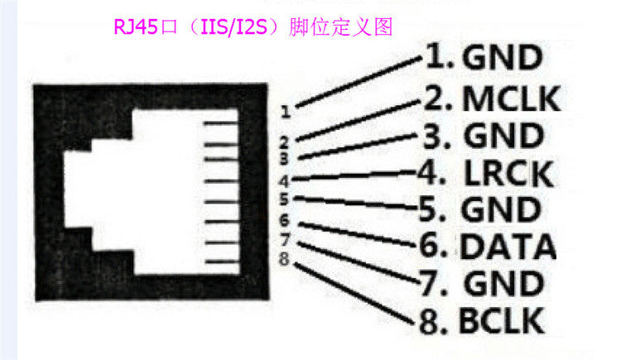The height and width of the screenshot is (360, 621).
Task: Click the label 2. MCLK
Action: pos(492,99)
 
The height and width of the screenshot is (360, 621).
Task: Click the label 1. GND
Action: pos(484,58)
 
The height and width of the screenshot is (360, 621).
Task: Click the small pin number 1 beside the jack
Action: pos(284,109)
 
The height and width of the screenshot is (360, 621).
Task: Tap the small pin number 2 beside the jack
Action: pos(283,142)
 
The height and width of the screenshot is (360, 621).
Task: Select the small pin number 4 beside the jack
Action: pos(283,180)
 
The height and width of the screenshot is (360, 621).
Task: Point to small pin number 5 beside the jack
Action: pos(283,199)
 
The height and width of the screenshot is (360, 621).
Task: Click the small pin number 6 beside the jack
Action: pos(283,220)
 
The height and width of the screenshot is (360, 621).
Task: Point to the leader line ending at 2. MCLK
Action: pos(356,119)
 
